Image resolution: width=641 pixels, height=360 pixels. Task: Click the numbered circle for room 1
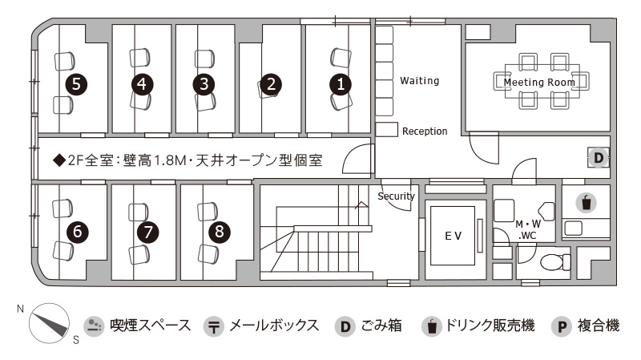tap(340, 84)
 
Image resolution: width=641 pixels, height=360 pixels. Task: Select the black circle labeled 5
tap(76, 84)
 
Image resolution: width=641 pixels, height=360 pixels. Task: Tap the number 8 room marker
tap(220, 232)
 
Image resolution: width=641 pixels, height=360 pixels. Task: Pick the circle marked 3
tap(204, 84)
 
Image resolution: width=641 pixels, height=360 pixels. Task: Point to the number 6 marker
tap(77, 232)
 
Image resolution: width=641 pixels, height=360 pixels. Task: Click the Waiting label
tap(419, 81)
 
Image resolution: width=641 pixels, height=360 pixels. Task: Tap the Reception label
tap(425, 131)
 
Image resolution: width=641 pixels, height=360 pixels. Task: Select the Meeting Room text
tap(539, 83)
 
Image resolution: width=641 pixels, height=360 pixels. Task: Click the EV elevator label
tap(453, 236)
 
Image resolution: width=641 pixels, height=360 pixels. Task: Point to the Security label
tap(396, 196)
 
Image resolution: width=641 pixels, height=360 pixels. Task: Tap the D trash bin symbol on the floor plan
tap(599, 157)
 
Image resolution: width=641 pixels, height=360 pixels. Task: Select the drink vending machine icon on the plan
tap(587, 203)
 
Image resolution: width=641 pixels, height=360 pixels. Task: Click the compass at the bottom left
tap(49, 323)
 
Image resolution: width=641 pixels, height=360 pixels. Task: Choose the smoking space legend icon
tap(94, 326)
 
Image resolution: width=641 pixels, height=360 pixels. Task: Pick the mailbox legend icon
tap(213, 326)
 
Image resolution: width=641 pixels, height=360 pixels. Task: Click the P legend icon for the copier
tap(562, 326)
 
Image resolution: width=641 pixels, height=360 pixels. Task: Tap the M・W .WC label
tap(528, 230)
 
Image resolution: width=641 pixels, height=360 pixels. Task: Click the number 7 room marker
tap(147, 233)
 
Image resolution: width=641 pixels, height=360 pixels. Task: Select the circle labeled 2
tap(271, 84)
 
